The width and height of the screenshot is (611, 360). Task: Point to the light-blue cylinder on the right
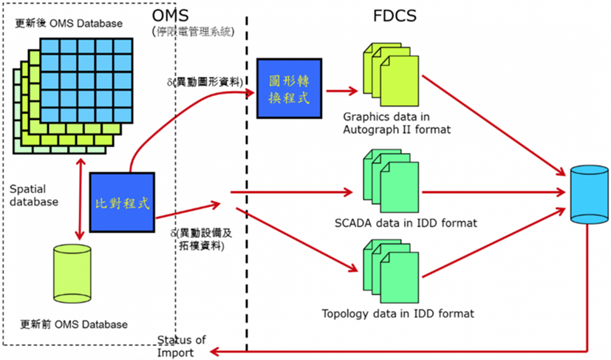pyautogui.click(x=590, y=194)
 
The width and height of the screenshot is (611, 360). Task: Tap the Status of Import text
pyautogui.click(x=181, y=346)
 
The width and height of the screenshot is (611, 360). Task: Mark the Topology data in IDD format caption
pyautogui.click(x=397, y=313)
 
